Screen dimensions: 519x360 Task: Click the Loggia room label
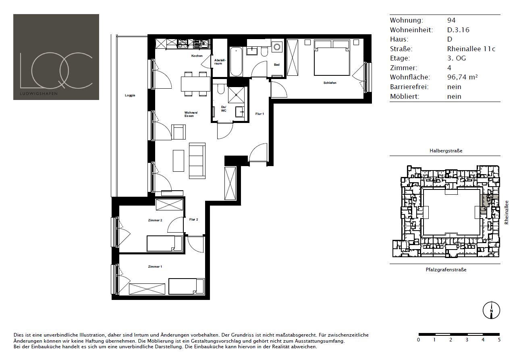click(130, 95)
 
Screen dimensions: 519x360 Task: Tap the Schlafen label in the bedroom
click(330, 83)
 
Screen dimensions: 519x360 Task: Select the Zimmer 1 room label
click(155, 266)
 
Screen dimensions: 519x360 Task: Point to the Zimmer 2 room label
click(155, 220)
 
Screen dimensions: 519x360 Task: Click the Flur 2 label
click(194, 219)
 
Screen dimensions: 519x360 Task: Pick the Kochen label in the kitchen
click(197, 56)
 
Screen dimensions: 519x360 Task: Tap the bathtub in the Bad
click(236, 61)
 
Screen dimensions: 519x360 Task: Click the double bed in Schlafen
click(332, 58)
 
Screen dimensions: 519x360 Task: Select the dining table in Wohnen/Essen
click(195, 84)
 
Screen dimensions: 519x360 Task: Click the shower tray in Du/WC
click(236, 95)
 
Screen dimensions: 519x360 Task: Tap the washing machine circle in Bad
click(277, 47)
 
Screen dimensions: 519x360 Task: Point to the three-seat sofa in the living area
click(197, 160)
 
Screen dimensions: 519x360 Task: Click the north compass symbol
click(491, 310)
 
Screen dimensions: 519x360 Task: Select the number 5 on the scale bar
click(499, 340)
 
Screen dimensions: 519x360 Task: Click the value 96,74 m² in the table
click(463, 77)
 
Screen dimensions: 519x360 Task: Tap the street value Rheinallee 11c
click(471, 49)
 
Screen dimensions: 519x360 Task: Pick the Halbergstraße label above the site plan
click(446, 151)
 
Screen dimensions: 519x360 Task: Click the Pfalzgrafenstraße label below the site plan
click(446, 270)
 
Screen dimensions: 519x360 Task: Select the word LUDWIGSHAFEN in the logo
click(39, 94)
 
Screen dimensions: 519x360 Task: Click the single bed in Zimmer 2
click(164, 243)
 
